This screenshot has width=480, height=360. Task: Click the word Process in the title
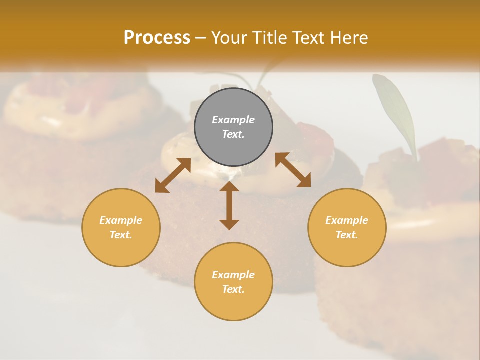click(x=157, y=38)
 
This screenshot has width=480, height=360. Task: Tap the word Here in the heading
click(x=348, y=38)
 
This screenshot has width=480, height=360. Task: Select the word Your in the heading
click(x=230, y=38)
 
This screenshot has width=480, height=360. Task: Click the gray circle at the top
click(x=233, y=105)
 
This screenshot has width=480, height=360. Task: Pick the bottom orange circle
click(x=233, y=305)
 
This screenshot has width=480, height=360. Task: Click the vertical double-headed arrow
click(x=229, y=205)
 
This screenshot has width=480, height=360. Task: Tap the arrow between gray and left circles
click(x=173, y=175)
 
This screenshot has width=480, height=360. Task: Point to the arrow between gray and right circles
click(x=293, y=170)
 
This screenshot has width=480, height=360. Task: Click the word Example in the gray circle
click(x=233, y=120)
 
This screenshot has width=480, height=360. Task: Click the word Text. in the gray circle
click(x=233, y=134)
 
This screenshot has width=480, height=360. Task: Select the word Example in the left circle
click(x=121, y=220)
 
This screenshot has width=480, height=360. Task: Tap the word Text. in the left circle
click(x=121, y=235)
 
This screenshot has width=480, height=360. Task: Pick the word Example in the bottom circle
click(x=233, y=275)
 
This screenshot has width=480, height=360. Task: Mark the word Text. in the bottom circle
click(x=233, y=289)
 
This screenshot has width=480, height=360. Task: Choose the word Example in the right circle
click(x=347, y=220)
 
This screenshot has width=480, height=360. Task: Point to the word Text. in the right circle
click(x=347, y=235)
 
